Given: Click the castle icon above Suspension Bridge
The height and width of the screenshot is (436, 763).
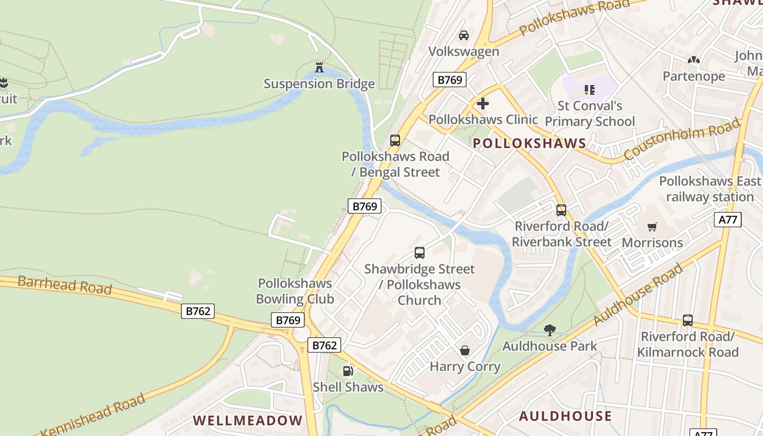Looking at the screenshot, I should (x=319, y=68).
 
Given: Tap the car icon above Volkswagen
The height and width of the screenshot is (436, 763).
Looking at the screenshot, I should (x=464, y=35).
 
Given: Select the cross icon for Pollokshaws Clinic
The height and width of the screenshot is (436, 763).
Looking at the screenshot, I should (x=482, y=103).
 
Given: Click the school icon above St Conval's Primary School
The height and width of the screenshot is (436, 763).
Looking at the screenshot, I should (x=589, y=89).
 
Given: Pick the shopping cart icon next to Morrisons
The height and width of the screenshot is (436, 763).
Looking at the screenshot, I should (x=652, y=227).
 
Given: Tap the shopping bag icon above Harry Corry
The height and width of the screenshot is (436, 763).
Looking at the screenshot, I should (x=465, y=350).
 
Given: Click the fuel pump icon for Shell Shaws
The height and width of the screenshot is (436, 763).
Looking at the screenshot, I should (x=348, y=371).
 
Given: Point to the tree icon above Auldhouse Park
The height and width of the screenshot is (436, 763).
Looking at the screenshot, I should (x=550, y=330).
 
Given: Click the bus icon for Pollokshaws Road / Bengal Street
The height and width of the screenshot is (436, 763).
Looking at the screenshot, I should (x=395, y=141).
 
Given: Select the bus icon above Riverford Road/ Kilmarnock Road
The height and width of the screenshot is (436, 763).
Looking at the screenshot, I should (x=688, y=320).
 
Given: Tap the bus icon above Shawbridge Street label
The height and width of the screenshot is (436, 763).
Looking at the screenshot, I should (x=419, y=253).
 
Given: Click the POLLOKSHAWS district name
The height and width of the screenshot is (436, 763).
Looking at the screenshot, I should (x=529, y=143).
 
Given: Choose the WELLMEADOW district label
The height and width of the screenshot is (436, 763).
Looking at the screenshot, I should (x=247, y=420).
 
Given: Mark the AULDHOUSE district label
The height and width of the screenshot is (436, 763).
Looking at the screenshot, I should (x=565, y=416).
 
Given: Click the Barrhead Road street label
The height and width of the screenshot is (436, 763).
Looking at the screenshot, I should (x=64, y=285).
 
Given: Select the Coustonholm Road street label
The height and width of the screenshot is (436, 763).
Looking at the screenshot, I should (x=682, y=139).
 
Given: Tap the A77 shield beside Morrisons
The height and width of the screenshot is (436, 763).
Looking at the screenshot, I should (x=728, y=220).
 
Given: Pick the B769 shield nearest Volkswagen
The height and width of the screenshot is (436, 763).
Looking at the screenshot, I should (x=450, y=80).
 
